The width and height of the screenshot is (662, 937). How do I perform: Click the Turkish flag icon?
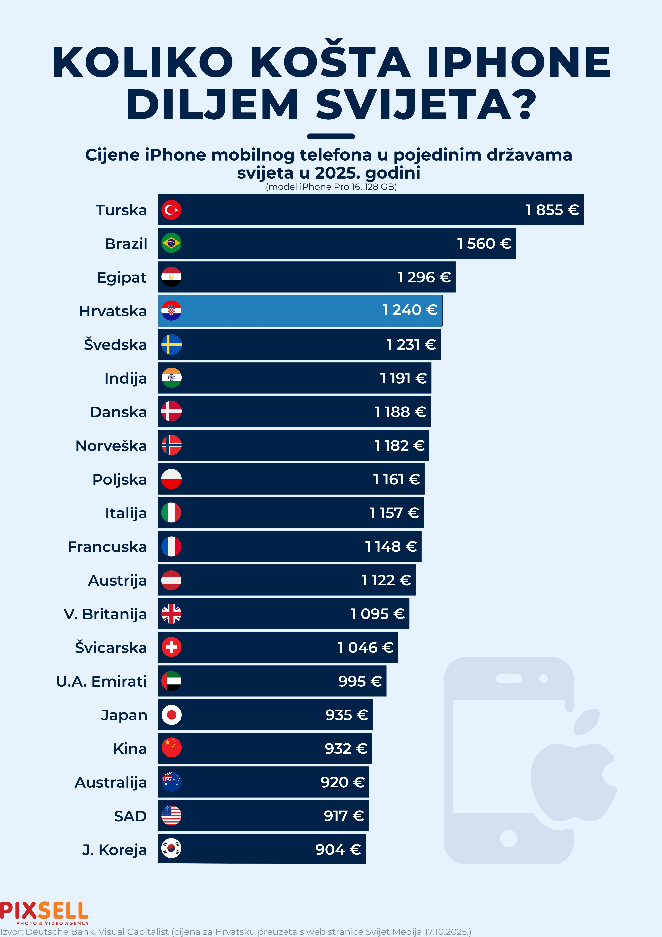(171, 210)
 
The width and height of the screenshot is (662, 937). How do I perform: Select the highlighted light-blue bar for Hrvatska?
(300, 311)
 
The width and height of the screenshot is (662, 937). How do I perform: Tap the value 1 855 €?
(552, 210)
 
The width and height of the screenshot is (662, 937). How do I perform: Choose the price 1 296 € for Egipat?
(424, 277)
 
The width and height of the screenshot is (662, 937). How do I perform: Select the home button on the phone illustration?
(509, 839)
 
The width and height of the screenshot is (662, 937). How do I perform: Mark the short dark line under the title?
(331, 136)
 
